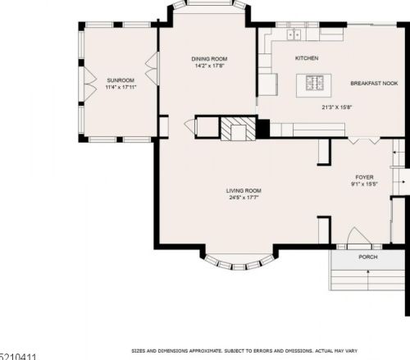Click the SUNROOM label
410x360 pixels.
120,80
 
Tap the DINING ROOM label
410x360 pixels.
209,59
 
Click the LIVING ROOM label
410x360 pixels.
244,190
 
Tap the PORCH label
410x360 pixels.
368,257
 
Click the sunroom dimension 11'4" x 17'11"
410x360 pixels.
120,87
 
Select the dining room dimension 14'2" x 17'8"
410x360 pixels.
209,66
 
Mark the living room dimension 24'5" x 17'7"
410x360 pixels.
244,198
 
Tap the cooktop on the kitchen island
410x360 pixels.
315,82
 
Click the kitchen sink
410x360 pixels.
294,35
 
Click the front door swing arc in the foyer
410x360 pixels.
358,237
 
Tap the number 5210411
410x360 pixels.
18,356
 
